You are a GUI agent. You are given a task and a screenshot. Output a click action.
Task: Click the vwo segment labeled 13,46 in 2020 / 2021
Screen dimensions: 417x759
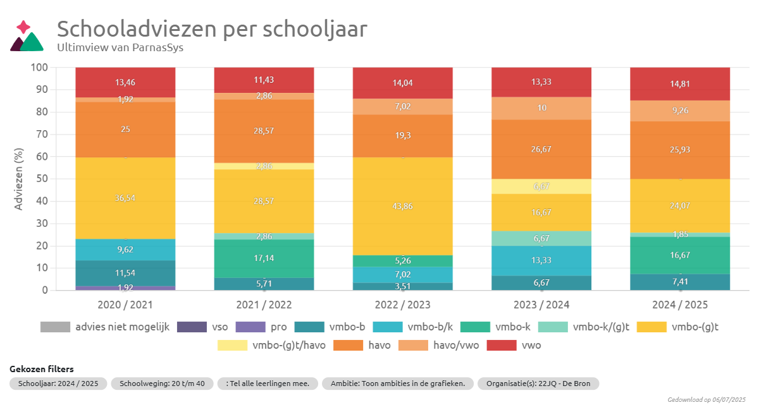click(125, 82)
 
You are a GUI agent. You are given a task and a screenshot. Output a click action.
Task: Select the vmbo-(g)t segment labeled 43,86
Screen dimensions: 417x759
click(403, 206)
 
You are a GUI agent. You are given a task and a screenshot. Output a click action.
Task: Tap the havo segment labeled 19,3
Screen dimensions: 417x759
click(403, 136)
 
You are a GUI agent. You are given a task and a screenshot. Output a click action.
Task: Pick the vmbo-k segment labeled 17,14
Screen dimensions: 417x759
click(264, 258)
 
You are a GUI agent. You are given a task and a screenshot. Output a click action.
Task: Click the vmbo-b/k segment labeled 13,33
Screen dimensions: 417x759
click(541, 260)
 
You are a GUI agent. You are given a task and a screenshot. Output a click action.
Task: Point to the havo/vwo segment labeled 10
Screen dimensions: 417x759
click(541, 108)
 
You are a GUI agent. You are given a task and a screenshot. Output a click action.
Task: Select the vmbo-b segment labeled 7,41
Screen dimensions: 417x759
click(680, 282)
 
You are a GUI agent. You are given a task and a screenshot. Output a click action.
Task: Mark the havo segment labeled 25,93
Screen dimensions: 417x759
click(680, 150)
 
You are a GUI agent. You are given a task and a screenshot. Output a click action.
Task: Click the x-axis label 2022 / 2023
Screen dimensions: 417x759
click(403, 305)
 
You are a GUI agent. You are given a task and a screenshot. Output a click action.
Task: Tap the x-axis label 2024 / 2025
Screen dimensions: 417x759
click(680, 305)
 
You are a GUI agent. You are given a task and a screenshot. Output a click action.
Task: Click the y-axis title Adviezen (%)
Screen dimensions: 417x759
click(18, 179)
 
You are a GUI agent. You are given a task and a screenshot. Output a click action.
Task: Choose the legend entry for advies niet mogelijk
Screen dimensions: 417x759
click(105, 327)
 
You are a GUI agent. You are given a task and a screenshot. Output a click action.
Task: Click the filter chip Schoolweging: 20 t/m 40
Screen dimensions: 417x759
click(162, 384)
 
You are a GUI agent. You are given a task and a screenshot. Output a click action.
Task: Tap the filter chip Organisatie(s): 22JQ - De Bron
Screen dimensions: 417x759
click(538, 384)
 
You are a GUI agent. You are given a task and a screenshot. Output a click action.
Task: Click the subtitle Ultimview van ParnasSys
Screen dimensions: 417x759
click(120, 47)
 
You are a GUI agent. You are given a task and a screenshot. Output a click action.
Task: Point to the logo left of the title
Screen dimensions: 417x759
click(26, 36)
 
